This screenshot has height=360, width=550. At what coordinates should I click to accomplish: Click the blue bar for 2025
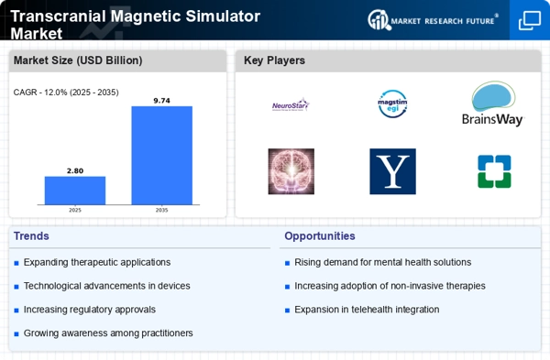(75, 191)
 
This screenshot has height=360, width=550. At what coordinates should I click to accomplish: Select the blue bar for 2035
(161, 156)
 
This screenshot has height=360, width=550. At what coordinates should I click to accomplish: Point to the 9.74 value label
(161, 101)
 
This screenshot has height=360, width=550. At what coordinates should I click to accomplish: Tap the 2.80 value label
(75, 170)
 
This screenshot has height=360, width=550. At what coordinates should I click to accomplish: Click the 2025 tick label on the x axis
(75, 210)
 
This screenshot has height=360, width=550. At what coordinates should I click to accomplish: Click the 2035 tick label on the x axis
(161, 210)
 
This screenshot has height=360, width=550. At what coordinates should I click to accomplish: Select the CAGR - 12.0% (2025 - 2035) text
(66, 93)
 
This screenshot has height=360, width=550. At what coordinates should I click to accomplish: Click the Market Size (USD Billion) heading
(78, 60)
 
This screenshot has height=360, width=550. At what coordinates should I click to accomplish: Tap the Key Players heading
(274, 60)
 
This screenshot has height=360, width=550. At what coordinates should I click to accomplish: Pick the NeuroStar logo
(291, 104)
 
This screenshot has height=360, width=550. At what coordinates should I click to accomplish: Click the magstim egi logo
(392, 104)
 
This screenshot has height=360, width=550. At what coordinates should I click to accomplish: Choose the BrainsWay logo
(493, 104)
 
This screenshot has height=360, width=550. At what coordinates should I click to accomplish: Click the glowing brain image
(291, 171)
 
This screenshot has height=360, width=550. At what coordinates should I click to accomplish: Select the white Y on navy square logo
(393, 171)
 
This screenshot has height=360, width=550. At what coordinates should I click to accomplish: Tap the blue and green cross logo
(494, 171)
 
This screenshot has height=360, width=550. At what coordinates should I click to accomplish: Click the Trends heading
(31, 236)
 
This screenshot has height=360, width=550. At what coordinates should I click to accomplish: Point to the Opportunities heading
(320, 236)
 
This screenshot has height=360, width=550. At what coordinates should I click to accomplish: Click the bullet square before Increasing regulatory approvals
(16, 311)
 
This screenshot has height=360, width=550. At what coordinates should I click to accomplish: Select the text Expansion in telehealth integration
(367, 310)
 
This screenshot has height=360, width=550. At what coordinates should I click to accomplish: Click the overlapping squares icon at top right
(530, 21)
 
